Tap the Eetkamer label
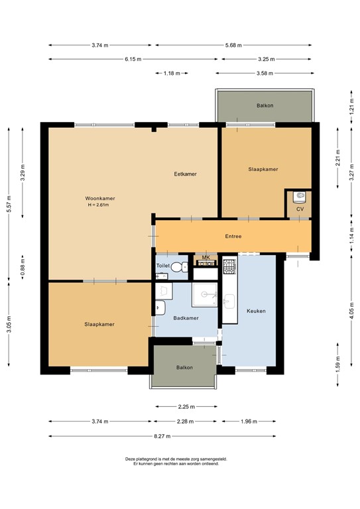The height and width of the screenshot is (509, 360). pyautogui.click(x=186, y=174)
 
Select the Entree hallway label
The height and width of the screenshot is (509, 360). pyautogui.click(x=233, y=237)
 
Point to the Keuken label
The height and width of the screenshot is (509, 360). pyautogui.click(x=256, y=311)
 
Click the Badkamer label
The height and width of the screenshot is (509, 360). pyautogui.click(x=186, y=319)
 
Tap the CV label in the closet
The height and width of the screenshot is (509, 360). pyautogui.click(x=300, y=209)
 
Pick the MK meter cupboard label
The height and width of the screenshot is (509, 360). pyautogui.click(x=206, y=257)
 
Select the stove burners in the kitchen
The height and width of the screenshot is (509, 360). pyautogui.click(x=229, y=266)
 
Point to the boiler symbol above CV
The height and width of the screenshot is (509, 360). pyautogui.click(x=300, y=196)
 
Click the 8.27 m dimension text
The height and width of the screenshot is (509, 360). pyautogui.click(x=162, y=436)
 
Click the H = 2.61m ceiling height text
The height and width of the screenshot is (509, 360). pyautogui.click(x=97, y=205)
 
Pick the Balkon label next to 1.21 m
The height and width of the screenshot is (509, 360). pyautogui.click(x=265, y=105)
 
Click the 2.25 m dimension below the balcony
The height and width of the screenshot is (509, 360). pyautogui.click(x=186, y=407)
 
